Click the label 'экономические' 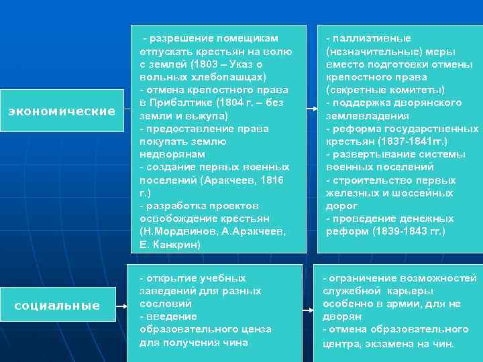pyautogui.click(x=61, y=111)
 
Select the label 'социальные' pyautogui.click(x=57, y=306)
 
